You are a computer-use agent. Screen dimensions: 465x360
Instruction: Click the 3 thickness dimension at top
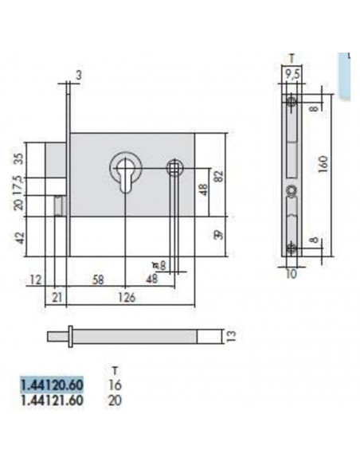pos(79,75)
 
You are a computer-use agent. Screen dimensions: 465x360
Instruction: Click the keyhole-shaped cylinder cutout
pos(125,170)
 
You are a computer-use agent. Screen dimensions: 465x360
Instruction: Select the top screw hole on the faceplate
pos(292,103)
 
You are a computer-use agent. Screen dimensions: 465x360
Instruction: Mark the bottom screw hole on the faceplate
pos(292,248)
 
